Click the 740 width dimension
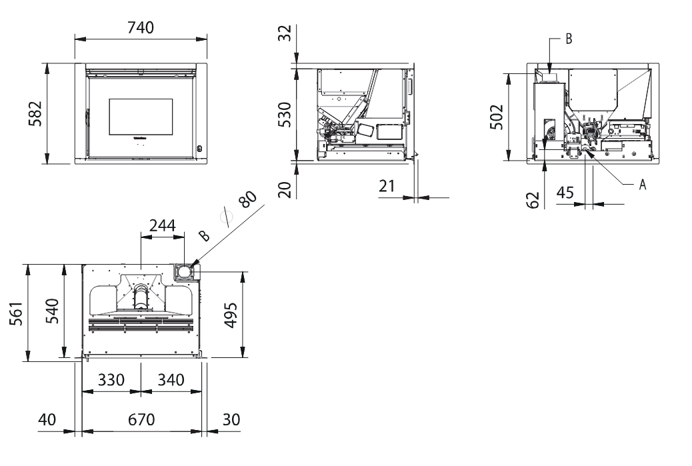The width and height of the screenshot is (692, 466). click(x=141, y=28)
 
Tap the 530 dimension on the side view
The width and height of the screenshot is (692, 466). click(x=285, y=115)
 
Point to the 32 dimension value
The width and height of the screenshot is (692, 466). click(x=286, y=33)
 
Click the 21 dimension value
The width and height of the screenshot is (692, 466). click(x=387, y=186)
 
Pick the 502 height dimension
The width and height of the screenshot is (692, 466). click(x=497, y=117)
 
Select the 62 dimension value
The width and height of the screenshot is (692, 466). click(x=533, y=200)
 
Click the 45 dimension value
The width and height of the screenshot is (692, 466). click(x=565, y=193)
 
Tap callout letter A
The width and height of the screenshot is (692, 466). click(x=643, y=185)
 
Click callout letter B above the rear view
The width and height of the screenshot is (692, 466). click(x=569, y=39)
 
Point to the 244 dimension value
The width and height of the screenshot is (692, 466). click(x=163, y=226)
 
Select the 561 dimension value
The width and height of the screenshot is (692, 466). click(x=16, y=313)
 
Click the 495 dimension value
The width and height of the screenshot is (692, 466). click(x=231, y=315)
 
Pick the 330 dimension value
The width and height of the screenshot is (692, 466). click(x=111, y=380)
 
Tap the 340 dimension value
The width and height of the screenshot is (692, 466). click(x=171, y=380)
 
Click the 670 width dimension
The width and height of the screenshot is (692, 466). click(x=141, y=419)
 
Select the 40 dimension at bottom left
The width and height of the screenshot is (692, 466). click(x=47, y=419)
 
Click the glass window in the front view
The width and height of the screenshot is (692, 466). click(x=141, y=117)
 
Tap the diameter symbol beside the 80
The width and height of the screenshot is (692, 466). click(x=226, y=217)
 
